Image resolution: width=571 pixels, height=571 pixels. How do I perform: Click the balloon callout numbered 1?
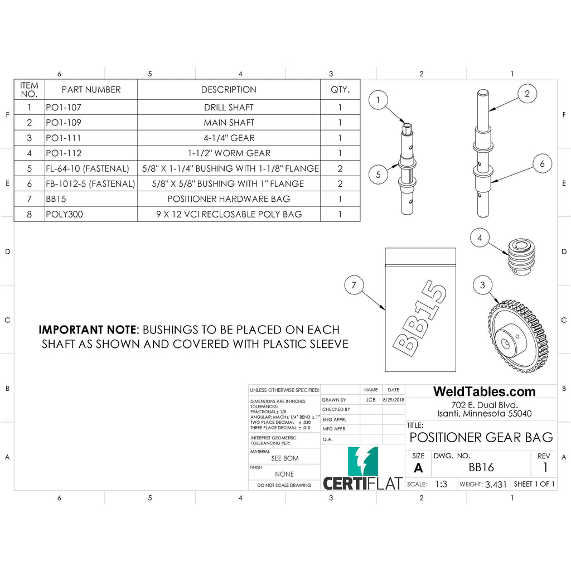378,100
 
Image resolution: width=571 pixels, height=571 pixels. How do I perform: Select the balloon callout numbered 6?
542,164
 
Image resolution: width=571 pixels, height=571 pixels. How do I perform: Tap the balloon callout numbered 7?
354,286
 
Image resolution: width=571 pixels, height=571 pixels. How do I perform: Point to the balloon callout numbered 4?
480,238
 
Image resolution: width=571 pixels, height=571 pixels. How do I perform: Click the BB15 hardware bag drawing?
420,309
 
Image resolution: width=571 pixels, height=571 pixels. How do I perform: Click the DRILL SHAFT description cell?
229,107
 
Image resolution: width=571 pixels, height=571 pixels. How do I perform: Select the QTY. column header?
340,89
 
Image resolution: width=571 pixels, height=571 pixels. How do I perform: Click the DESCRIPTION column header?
229,89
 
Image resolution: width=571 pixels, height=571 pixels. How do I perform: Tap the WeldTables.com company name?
484,391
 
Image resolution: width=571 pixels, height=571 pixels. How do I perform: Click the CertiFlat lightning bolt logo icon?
362,461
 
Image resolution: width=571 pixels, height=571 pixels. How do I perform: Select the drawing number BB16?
481,467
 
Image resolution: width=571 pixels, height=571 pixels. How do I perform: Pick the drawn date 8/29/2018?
393,400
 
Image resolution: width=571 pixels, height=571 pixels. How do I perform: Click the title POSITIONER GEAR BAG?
481,437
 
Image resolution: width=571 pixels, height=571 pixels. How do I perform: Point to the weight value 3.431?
496,485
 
